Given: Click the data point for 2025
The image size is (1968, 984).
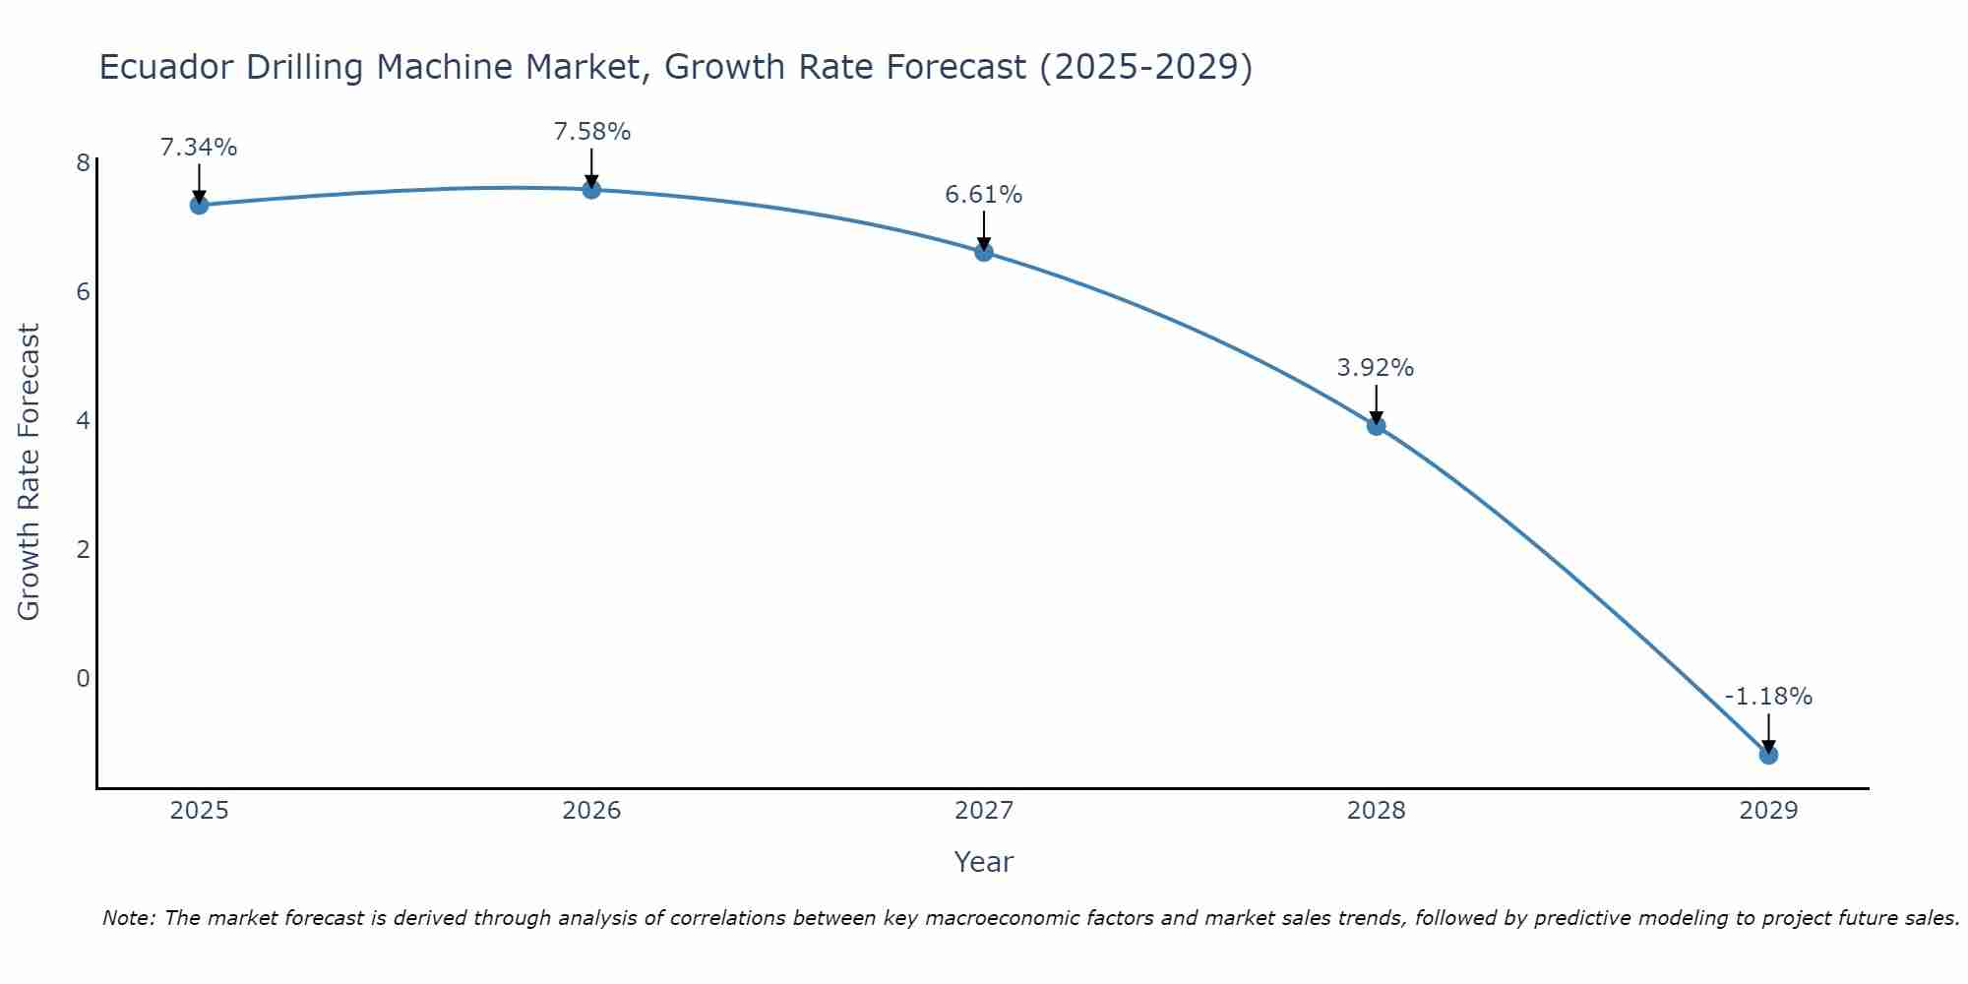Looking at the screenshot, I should coord(199,205).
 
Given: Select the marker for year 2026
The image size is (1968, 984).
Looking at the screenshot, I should coord(591,189).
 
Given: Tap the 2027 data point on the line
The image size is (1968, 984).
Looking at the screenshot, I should coord(984,252).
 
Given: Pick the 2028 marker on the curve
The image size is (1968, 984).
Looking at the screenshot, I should coord(1376,425).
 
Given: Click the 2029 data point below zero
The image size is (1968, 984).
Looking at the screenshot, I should coord(1768,755).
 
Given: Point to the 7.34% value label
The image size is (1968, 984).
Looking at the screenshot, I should coord(199,148).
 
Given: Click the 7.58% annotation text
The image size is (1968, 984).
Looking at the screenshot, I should coord(591,132).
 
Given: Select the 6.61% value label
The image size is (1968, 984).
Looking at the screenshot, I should coord(984,195).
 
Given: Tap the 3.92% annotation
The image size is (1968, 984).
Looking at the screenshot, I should coord(1376,368).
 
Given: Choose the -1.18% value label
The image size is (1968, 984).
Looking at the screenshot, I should coord(1768,697).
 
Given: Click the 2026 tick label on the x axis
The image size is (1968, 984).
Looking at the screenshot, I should coord(591,811).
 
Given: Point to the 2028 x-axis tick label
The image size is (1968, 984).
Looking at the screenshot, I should coord(1376,811).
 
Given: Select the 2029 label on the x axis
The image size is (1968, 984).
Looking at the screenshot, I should coord(1768,811).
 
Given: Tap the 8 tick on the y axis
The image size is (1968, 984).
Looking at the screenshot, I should coord(83,162).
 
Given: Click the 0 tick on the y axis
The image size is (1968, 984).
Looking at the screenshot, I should coord(83,678).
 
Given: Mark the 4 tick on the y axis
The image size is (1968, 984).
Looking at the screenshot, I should coord(83,420).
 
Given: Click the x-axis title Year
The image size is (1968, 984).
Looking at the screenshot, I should coord(984,862).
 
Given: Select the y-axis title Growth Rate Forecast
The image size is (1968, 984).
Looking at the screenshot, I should coord(30,472).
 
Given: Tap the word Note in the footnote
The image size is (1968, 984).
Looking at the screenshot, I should coord(128,918).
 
